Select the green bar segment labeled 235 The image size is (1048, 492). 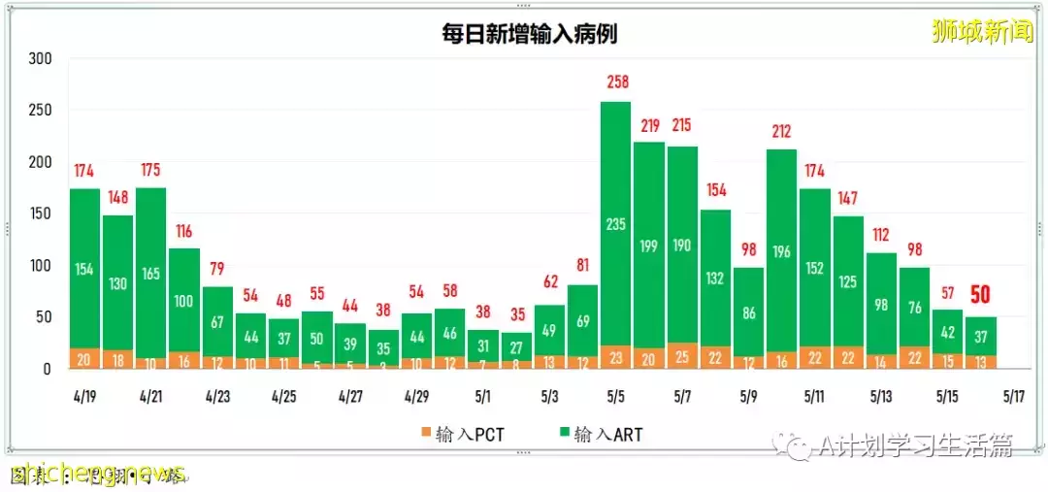[615, 224]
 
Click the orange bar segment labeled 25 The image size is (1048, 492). [682, 356]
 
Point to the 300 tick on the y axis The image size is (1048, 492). [40, 58]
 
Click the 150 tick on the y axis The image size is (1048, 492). [40, 213]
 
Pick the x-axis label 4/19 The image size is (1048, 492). [84, 397]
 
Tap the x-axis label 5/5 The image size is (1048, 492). [615, 397]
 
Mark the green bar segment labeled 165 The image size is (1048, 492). [150, 275]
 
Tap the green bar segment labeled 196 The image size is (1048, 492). [781, 251]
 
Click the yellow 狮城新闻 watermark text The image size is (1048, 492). [981, 32]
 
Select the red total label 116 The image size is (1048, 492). [184, 231]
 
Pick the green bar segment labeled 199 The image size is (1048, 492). [649, 246]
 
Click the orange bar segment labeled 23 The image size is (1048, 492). [615, 357]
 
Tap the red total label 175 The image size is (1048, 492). [150, 170]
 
